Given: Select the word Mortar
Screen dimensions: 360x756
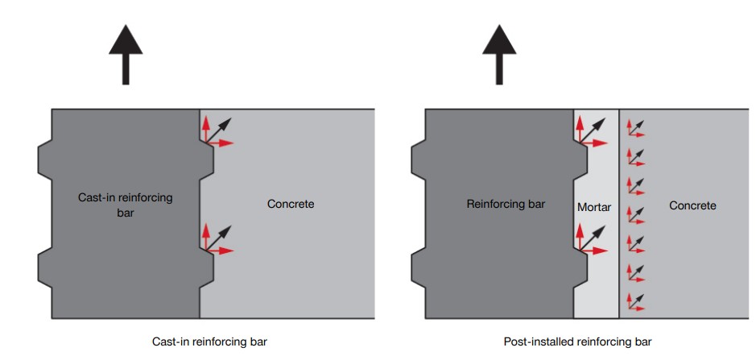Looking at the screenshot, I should click(594, 207).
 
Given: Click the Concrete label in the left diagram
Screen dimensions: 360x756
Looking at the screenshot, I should click(290, 204).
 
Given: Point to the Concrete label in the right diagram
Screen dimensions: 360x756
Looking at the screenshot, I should click(692, 205).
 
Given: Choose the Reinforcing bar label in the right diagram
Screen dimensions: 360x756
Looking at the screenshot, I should click(505, 205).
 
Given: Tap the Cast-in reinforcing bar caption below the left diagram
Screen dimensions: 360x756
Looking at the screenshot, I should click(209, 341).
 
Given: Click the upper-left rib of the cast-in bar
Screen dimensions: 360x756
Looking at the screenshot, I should click(45, 159).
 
